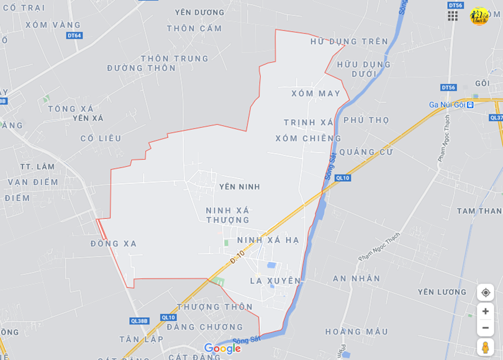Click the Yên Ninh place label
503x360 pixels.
(239, 187)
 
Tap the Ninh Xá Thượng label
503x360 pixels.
(227, 215)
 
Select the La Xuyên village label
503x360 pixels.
(275, 281)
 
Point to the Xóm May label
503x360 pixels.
(315, 94)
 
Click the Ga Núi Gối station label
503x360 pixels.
(447, 104)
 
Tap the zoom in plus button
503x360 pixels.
(485, 312)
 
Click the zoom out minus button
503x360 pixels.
(485, 328)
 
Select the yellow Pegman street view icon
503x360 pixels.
(485, 347)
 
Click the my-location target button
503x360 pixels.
(485, 293)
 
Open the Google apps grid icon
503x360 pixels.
(453, 16)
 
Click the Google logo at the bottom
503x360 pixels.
(222, 349)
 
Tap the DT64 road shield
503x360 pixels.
(74, 35)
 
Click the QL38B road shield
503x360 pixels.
(139, 321)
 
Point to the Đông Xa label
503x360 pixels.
(113, 244)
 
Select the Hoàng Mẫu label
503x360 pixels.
(356, 331)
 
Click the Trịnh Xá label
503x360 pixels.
(309, 122)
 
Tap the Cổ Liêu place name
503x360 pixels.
(101, 138)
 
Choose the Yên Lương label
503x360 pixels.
(442, 292)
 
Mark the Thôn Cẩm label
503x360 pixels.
(194, 29)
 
